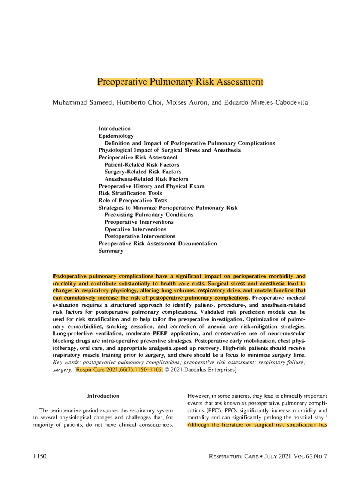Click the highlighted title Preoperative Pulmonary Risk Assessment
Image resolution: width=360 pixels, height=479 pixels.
pyautogui.click(x=180, y=82)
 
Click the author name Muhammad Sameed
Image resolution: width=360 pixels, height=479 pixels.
pyautogui.click(x=83, y=103)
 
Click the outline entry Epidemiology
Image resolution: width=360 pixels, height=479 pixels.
pyautogui.click(x=116, y=136)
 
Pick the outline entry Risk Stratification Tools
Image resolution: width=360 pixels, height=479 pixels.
pyautogui.click(x=130, y=193)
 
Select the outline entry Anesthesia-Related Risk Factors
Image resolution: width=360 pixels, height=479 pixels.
pyautogui.click(x=146, y=179)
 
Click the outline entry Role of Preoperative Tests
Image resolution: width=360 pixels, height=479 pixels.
pyautogui.click(x=133, y=200)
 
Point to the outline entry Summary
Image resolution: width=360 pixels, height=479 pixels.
pyautogui.click(x=111, y=251)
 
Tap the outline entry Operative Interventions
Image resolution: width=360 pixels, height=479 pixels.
pyautogui.click(x=135, y=229)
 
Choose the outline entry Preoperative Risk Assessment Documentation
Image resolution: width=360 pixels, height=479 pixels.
pyautogui.click(x=157, y=244)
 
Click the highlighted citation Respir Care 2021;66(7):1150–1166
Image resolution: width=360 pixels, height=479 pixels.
pyautogui.click(x=119, y=370)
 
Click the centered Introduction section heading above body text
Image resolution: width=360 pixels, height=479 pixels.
pyautogui.click(x=103, y=396)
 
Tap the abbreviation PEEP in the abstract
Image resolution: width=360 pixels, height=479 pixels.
pyautogui.click(x=160, y=334)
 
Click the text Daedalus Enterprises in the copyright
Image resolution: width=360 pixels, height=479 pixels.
pyautogui.click(x=209, y=370)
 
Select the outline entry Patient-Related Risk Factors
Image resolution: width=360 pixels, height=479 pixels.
pyautogui.click(x=142, y=165)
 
